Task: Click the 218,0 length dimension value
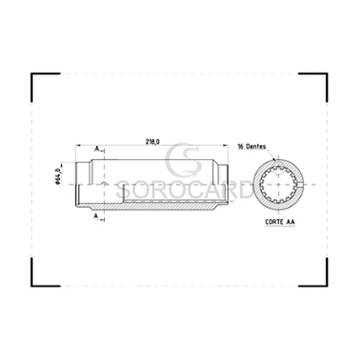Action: click(x=152, y=142)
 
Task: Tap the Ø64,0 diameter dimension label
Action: click(x=58, y=176)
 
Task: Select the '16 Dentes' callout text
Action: click(x=252, y=146)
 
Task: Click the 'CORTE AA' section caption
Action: click(x=280, y=222)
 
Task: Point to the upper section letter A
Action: click(x=97, y=148)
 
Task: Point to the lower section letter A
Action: click(x=96, y=216)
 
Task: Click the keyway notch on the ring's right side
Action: click(x=300, y=184)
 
